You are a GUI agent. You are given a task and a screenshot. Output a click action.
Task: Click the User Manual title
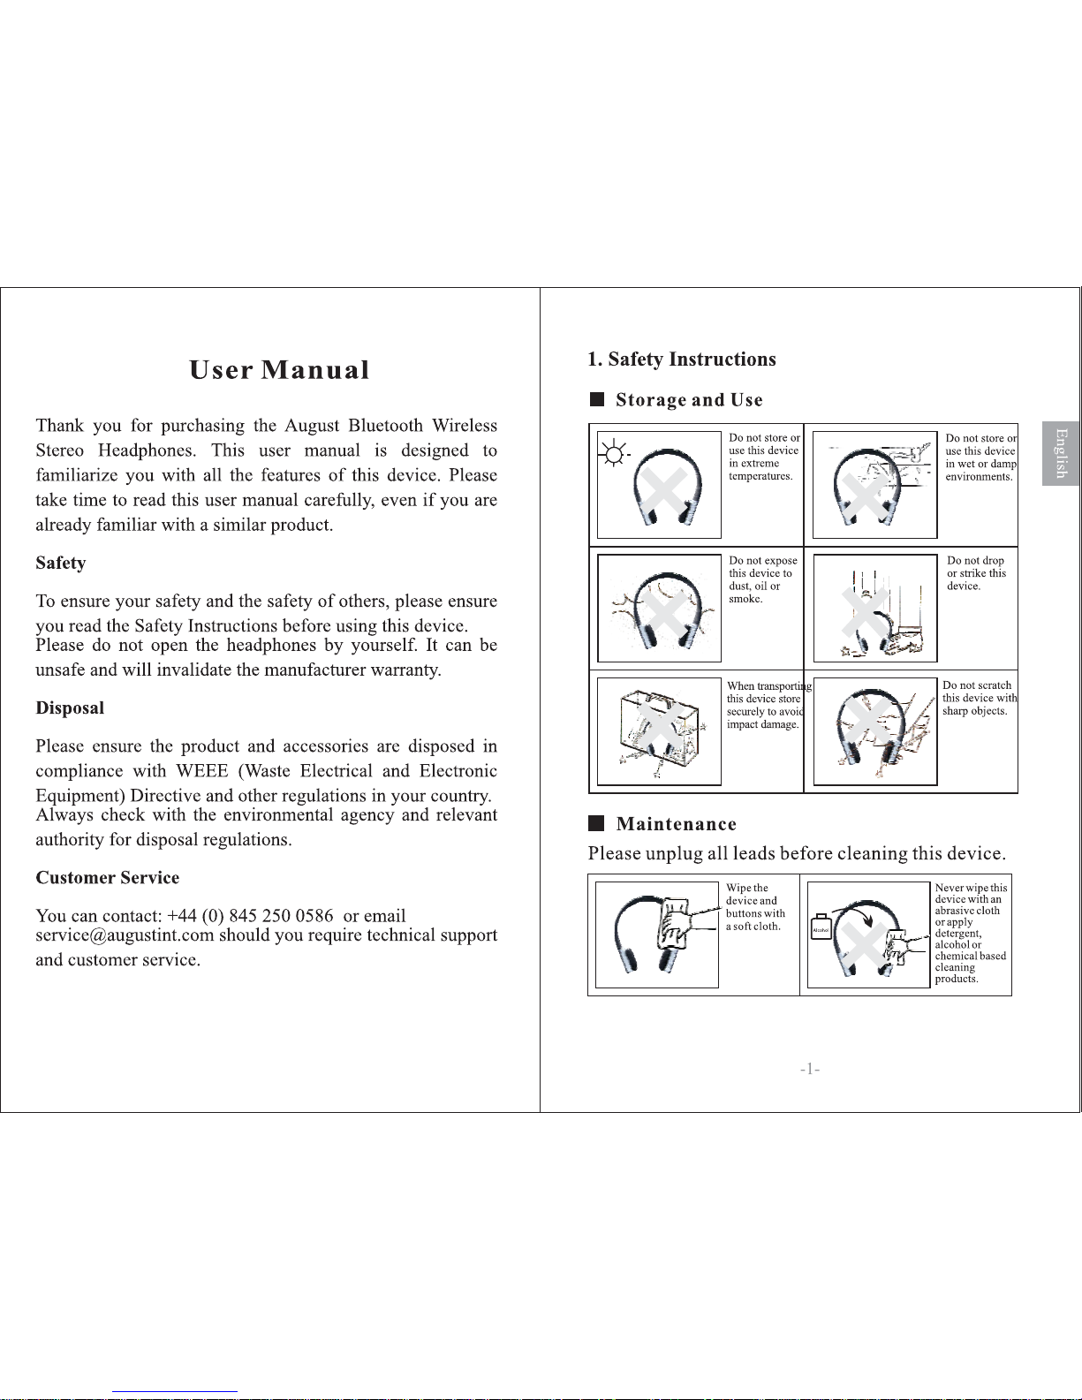[279, 370]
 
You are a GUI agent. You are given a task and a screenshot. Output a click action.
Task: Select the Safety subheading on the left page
[61, 564]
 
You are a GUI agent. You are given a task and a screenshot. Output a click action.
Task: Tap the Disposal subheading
[70, 708]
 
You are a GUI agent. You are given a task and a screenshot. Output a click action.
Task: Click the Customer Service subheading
[108, 877]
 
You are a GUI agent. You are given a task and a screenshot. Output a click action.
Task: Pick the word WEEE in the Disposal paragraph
[202, 770]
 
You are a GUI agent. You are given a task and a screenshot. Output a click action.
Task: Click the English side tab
[1061, 454]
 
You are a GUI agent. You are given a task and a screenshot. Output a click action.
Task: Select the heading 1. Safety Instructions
[681, 359]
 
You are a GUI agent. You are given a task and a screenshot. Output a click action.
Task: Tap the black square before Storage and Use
[597, 399]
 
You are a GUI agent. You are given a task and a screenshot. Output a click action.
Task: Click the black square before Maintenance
[596, 823]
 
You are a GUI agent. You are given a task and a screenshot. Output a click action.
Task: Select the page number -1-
[810, 1070]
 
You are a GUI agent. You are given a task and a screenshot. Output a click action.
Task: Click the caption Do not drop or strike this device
[976, 572]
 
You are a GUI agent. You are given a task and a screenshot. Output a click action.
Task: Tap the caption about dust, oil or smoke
[762, 579]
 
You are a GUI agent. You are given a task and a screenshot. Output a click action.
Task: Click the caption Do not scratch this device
[980, 698]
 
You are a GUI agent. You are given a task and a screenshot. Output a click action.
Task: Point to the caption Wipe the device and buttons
[755, 906]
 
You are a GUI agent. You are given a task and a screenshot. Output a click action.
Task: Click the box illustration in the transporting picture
[659, 730]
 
